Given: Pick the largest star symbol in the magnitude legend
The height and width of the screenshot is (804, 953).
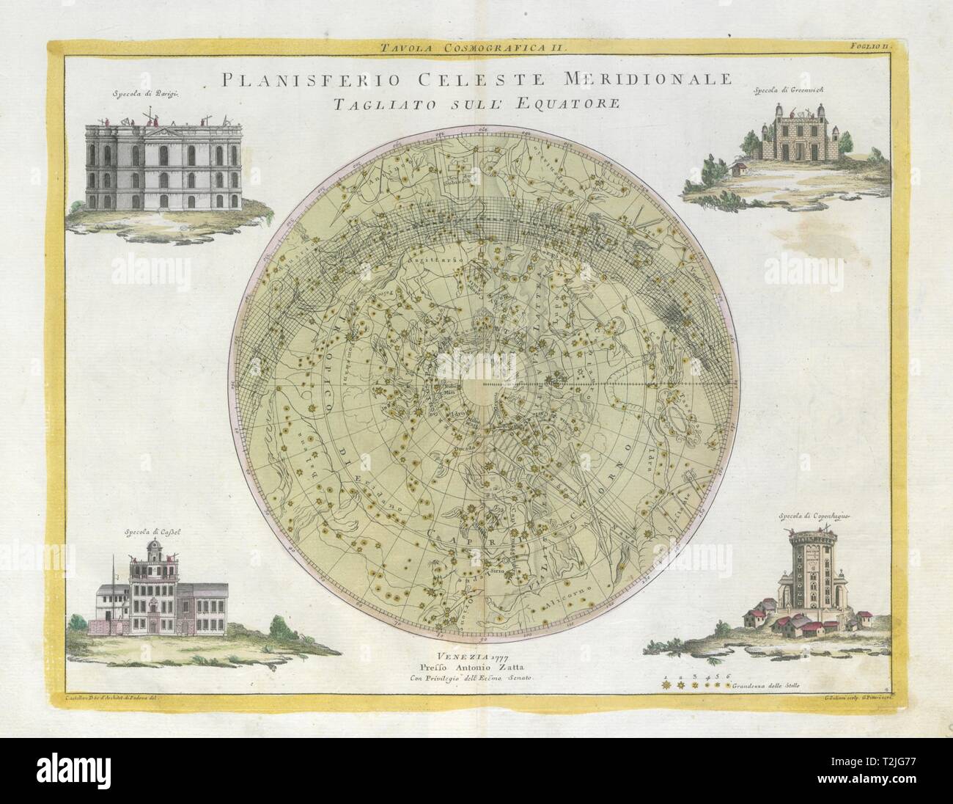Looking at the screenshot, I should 666,684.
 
